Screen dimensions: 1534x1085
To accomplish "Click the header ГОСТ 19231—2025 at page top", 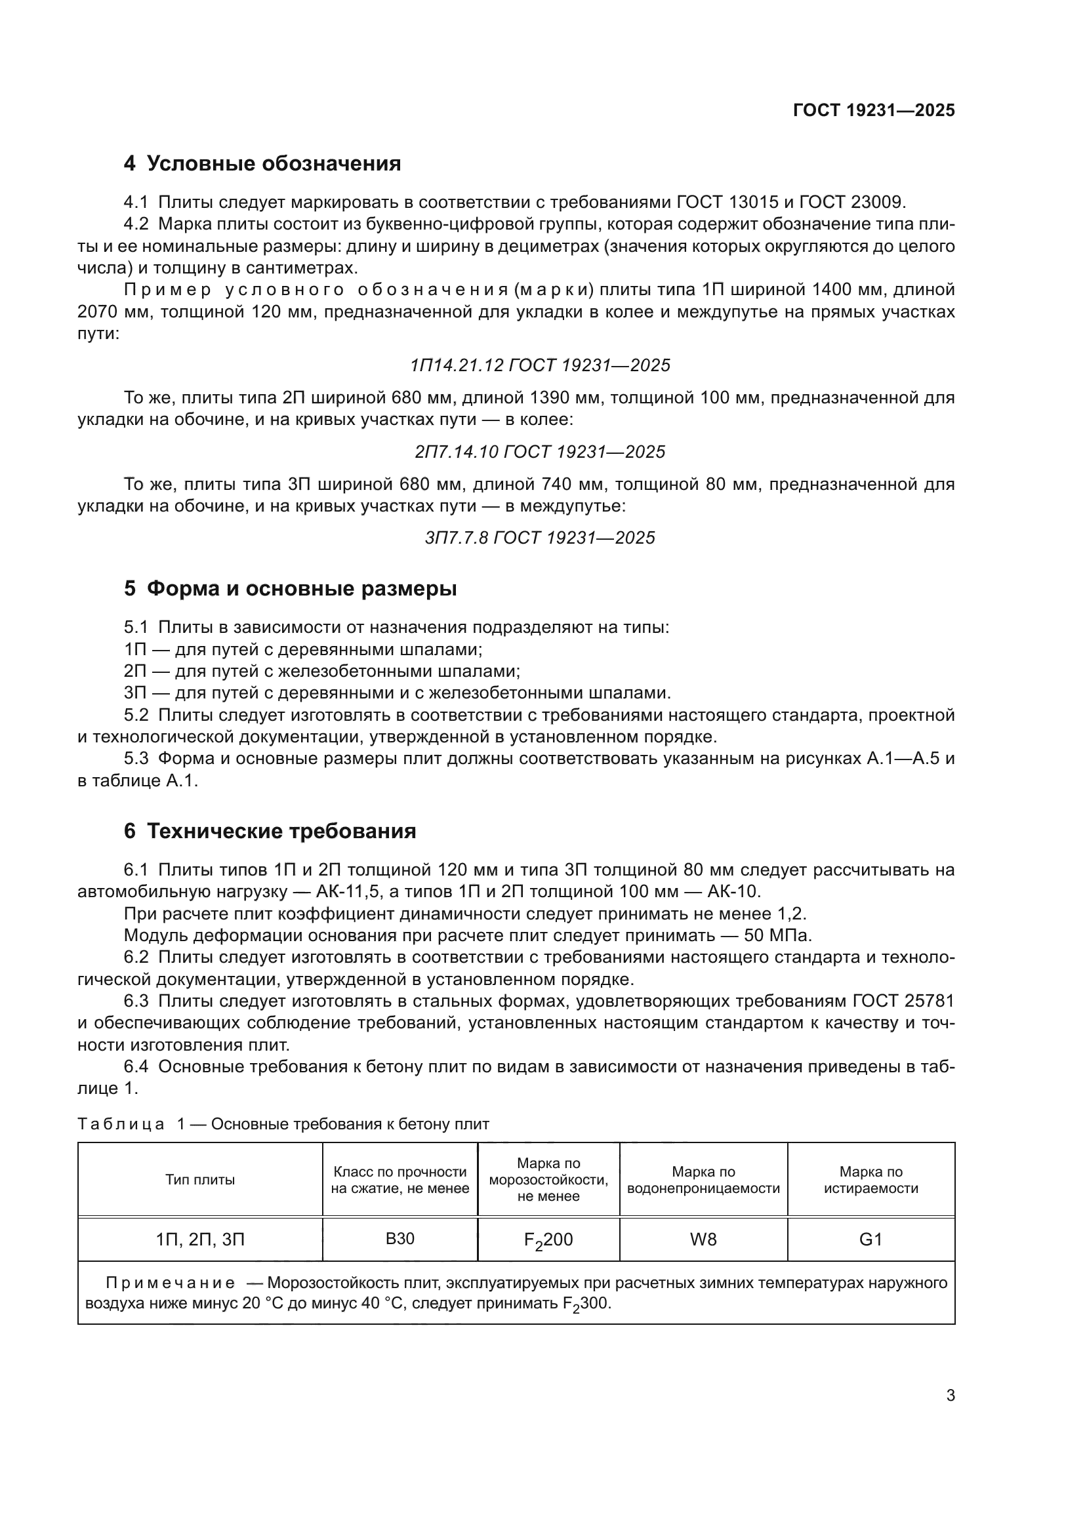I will point(873,110).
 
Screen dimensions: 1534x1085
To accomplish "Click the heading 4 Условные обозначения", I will point(262,164).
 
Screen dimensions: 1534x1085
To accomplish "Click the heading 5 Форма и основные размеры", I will point(290,588).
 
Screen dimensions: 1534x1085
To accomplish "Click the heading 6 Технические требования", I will point(270,831).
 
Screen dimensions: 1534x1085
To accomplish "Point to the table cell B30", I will point(399,1239).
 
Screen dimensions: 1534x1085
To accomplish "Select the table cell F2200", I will point(548,1241).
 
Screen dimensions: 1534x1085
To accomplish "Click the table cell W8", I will point(703,1240).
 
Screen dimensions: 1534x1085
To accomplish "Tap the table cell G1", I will point(870,1240).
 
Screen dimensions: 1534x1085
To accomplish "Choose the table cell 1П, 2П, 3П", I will point(200,1240).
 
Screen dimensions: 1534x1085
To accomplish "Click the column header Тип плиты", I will point(200,1180).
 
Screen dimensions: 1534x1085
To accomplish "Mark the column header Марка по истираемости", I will point(870,1180).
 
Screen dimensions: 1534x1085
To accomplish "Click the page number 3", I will point(950,1396).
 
